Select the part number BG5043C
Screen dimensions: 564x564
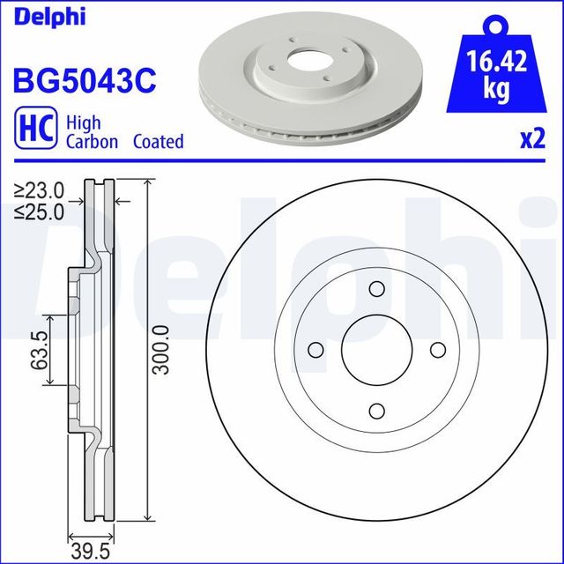coord(84,81)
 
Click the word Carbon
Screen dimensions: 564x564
coord(92,141)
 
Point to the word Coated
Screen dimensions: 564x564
coord(159,141)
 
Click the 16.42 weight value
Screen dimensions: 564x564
coord(496,63)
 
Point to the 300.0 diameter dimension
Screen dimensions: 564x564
coord(160,350)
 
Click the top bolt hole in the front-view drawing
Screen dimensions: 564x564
coord(376,290)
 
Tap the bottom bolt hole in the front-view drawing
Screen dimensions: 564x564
coord(376,411)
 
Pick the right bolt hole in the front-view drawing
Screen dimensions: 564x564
coord(437,350)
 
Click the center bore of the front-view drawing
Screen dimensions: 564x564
coord(376,350)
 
